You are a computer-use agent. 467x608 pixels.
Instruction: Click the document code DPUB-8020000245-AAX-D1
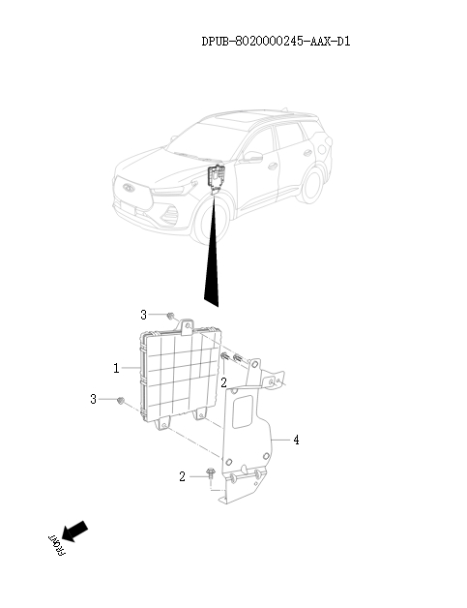[x=276, y=42]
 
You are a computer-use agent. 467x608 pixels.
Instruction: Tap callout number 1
[x=116, y=369]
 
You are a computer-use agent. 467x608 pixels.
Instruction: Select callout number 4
[x=296, y=441]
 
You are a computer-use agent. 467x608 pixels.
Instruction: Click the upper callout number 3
[x=143, y=315]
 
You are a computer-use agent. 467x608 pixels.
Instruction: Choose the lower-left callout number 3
[x=94, y=399]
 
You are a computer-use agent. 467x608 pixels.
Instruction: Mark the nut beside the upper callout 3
[x=170, y=316]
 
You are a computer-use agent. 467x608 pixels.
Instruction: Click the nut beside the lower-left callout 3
[x=121, y=401]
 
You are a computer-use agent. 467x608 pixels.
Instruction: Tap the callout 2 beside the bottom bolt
[x=182, y=476]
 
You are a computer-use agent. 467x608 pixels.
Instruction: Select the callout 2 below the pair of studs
[x=223, y=383]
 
